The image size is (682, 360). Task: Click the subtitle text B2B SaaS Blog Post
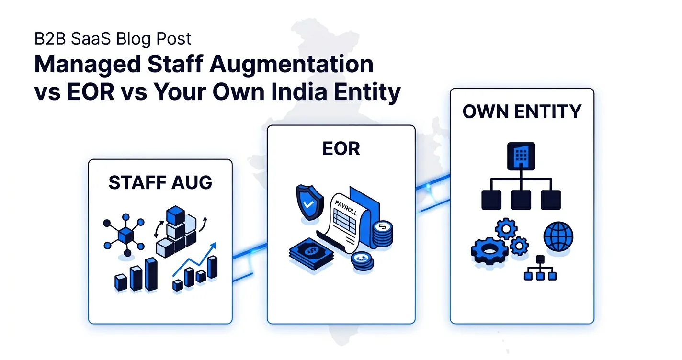tap(113, 38)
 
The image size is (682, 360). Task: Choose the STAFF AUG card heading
tap(160, 182)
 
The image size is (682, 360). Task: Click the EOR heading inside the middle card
tap(341, 149)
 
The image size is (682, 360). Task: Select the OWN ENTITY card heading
tap(522, 112)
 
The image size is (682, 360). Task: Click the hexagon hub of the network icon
tap(126, 235)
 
